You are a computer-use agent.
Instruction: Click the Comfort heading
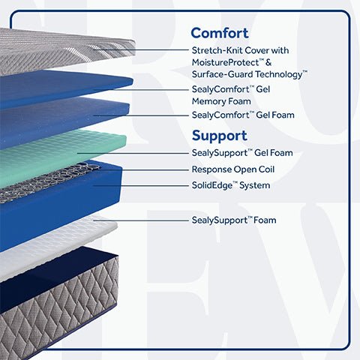220,33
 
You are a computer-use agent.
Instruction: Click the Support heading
220,136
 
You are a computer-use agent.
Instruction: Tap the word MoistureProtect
225,62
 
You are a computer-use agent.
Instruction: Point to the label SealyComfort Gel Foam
243,115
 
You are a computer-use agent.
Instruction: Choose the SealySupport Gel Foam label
242,153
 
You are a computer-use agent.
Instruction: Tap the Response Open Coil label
233,169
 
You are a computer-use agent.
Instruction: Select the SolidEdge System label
231,185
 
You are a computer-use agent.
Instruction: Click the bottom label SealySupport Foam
234,220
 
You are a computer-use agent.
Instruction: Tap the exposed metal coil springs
50,181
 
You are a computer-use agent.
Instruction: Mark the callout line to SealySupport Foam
141,220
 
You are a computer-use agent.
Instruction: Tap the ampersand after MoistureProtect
268,62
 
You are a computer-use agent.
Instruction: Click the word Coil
266,169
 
